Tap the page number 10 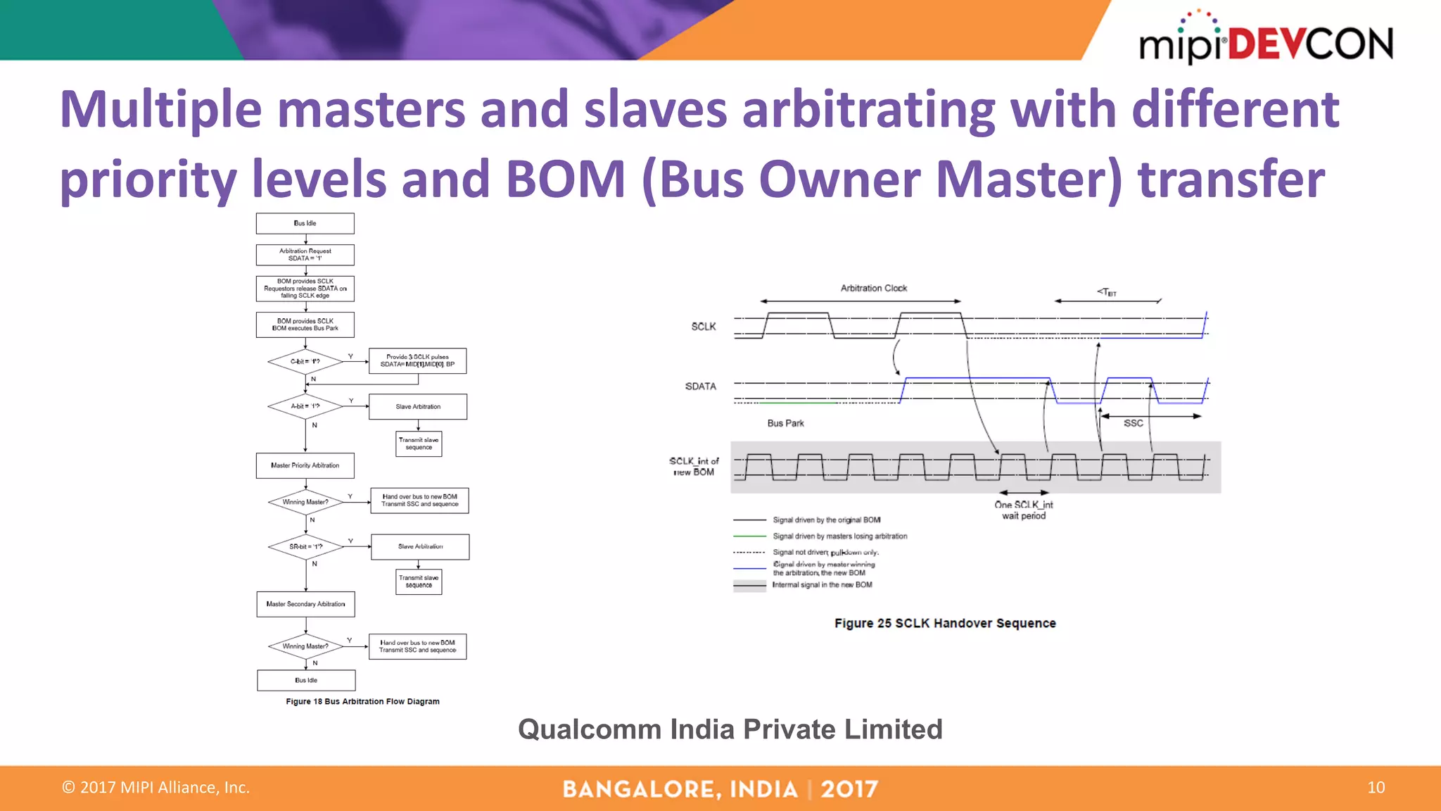click(x=1376, y=787)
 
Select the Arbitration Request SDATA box click(x=305, y=254)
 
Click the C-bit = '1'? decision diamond click(x=305, y=361)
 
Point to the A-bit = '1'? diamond click(x=305, y=406)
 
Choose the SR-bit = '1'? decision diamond click(x=306, y=546)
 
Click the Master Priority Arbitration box click(x=305, y=465)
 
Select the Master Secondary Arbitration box click(x=305, y=604)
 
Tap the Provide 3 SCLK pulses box click(x=417, y=360)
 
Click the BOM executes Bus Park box click(x=305, y=325)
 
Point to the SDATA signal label click(x=700, y=386)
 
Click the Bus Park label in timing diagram click(x=785, y=423)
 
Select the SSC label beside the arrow click(x=1133, y=423)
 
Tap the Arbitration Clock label click(x=873, y=288)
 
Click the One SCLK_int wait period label click(x=1024, y=510)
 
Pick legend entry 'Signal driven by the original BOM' click(x=826, y=520)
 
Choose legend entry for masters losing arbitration click(x=839, y=536)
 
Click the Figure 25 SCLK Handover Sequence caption click(x=944, y=623)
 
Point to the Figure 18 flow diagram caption click(x=362, y=701)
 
